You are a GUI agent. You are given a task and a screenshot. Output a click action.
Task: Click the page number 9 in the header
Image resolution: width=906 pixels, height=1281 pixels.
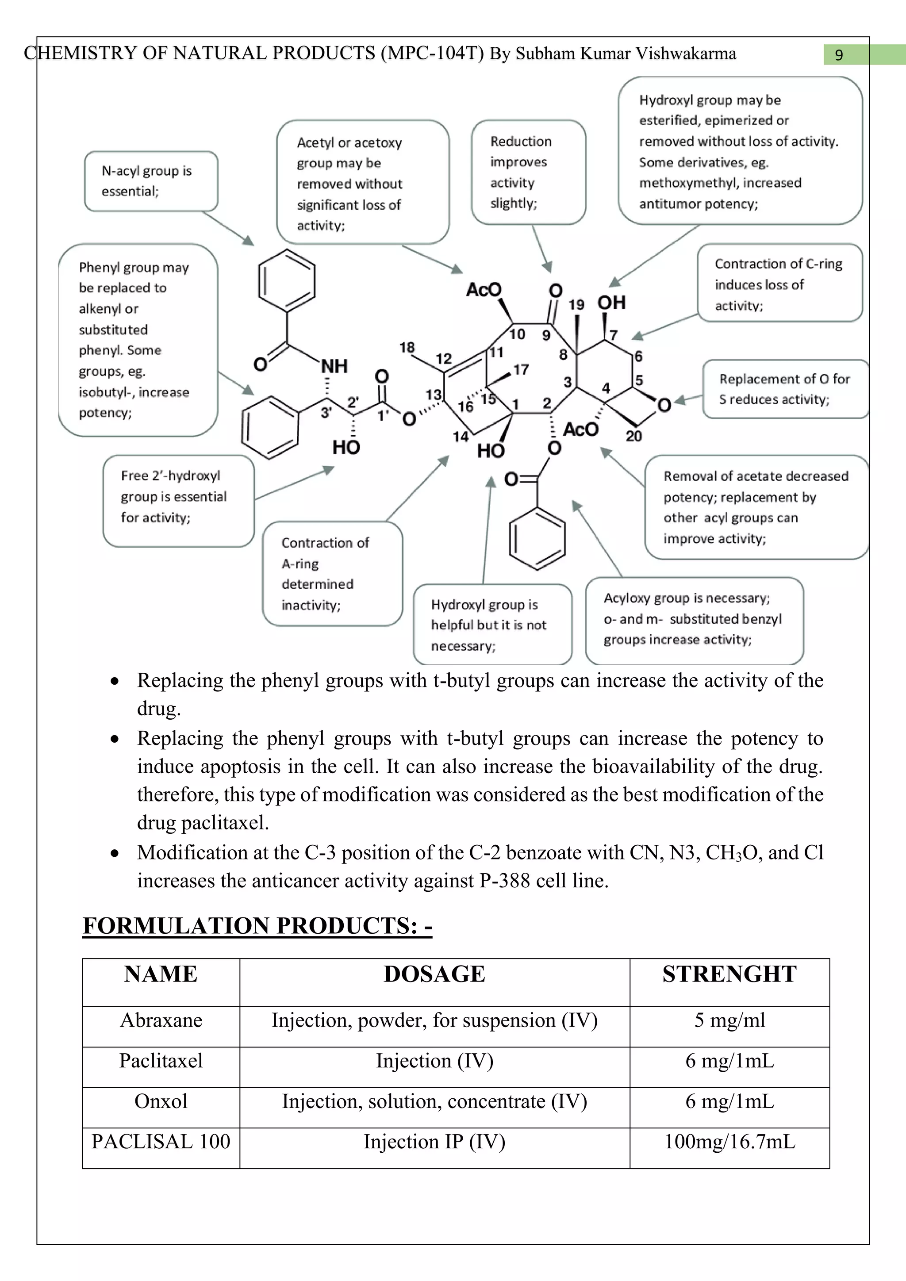tap(838, 55)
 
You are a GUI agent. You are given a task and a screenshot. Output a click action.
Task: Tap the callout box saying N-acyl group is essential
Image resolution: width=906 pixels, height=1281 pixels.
tap(150, 181)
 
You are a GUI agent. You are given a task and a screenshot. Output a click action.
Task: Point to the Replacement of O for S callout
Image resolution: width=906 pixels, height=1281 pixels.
tap(784, 389)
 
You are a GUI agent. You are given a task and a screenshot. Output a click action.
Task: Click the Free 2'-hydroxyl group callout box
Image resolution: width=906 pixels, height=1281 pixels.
tap(179, 500)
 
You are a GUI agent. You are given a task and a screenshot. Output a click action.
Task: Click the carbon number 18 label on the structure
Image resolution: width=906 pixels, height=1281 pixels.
tap(407, 348)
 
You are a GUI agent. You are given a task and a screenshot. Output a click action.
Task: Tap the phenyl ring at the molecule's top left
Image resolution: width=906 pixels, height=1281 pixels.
tap(287, 280)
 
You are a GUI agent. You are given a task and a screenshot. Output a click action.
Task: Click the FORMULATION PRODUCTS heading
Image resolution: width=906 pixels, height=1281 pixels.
tap(257, 926)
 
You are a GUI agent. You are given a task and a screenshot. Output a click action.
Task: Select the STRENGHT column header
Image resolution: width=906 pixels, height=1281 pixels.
tap(729, 974)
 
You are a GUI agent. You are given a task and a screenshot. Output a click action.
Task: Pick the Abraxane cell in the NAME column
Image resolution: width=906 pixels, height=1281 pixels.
tap(161, 1020)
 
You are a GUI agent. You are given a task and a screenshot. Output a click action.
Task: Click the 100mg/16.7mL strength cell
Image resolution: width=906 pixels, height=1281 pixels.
tap(729, 1142)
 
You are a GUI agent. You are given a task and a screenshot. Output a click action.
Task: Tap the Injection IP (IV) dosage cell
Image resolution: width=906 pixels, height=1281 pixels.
tap(434, 1142)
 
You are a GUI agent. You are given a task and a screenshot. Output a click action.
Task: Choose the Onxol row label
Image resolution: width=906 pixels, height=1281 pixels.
tap(161, 1101)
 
